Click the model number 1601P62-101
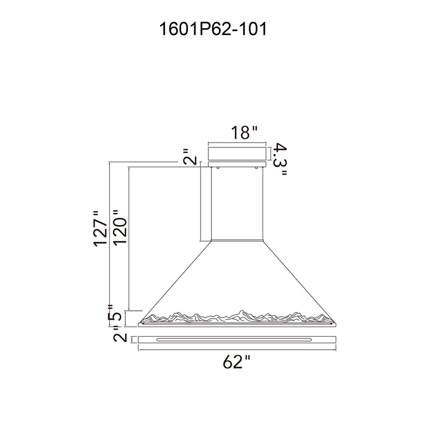click(x=213, y=29)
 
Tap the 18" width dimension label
click(x=244, y=132)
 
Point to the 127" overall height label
click(x=100, y=229)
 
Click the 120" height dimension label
click(x=120, y=228)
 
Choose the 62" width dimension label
click(x=236, y=362)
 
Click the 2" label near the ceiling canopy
click(x=189, y=156)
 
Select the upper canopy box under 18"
click(x=237, y=154)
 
